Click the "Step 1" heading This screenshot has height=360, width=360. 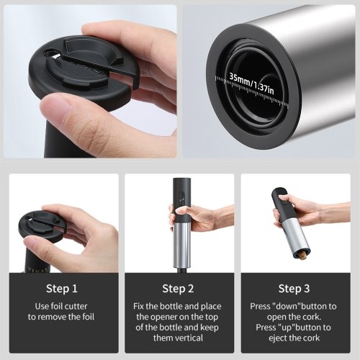(62, 289)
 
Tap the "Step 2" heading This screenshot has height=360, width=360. (178, 289)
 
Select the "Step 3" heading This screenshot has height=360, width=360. (294, 289)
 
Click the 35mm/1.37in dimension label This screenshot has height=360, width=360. (251, 84)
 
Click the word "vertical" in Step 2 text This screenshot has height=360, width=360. (189, 338)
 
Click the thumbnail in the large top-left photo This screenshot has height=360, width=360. (57, 107)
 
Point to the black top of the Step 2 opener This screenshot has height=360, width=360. (181, 200)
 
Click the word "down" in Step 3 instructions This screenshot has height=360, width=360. (287, 306)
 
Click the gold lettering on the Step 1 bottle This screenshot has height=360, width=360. (39, 269)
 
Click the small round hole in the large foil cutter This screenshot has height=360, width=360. (50, 53)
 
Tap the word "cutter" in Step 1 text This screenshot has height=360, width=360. (76, 306)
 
